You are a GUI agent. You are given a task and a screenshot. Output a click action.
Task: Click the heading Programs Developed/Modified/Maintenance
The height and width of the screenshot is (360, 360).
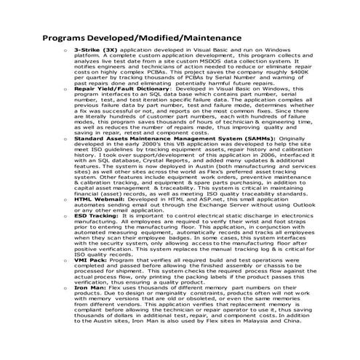(142, 35)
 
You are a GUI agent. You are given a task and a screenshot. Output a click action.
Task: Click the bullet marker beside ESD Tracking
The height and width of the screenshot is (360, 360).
(66, 217)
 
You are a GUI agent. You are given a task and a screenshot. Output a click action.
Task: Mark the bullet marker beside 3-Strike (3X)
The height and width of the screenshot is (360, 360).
(66, 49)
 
